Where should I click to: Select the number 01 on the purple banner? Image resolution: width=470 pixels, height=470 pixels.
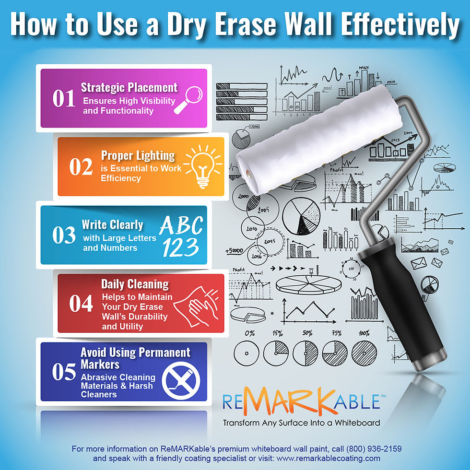click(x=64, y=98)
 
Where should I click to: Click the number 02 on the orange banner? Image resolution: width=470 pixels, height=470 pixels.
click(x=81, y=166)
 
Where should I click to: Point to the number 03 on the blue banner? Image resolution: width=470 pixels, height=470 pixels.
click(x=64, y=235)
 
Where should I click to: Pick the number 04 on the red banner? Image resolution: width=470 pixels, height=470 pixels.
click(x=81, y=304)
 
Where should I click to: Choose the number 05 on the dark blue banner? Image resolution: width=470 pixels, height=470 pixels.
click(x=64, y=373)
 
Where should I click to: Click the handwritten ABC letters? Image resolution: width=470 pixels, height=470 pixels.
click(x=181, y=225)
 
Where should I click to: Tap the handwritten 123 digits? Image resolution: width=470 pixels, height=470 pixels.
click(x=180, y=247)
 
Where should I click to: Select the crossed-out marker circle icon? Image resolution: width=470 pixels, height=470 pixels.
click(x=181, y=379)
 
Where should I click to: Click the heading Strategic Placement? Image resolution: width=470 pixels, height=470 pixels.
click(x=129, y=87)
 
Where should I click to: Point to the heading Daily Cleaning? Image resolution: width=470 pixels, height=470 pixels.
click(x=135, y=284)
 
